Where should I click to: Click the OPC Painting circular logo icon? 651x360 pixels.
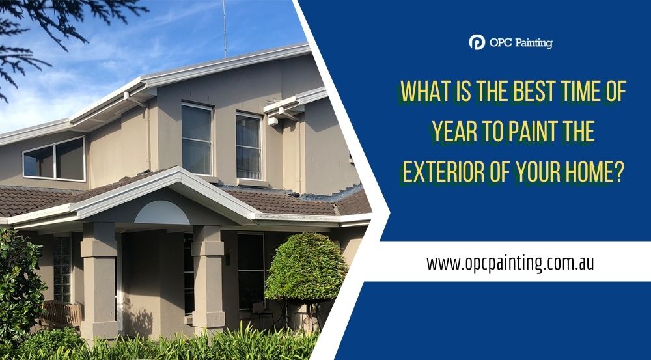[x=477, y=42]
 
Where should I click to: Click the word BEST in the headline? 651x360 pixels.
[x=536, y=92]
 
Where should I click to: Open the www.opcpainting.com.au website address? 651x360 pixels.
[x=510, y=264]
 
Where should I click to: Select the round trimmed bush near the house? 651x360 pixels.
[x=307, y=267]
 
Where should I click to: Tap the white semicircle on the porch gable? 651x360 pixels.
[x=162, y=213]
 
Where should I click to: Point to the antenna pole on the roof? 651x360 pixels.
[x=225, y=29]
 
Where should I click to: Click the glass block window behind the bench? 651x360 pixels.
[x=62, y=269]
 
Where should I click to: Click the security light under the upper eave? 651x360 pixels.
[x=273, y=120]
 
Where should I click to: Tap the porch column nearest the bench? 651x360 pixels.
[x=99, y=281]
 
